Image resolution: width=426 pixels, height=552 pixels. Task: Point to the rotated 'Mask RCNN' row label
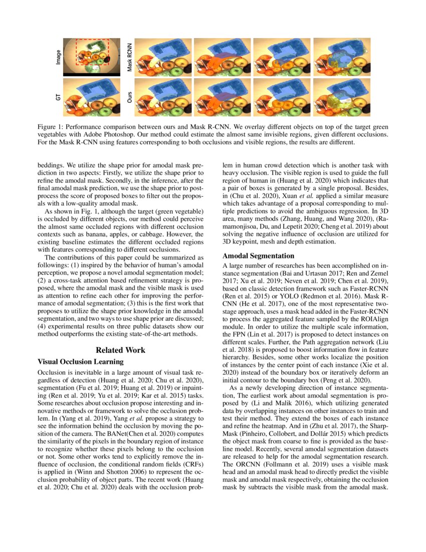(x=129, y=57)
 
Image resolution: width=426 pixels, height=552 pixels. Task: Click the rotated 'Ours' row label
(x=129, y=97)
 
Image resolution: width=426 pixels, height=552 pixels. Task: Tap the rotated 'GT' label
(x=58, y=97)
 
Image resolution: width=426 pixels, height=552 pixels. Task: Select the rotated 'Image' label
(x=58, y=57)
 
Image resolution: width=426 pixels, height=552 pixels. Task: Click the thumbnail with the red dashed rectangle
(x=92, y=57)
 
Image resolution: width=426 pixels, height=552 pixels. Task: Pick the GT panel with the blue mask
(x=92, y=97)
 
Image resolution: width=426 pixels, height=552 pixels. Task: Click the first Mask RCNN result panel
(x=162, y=57)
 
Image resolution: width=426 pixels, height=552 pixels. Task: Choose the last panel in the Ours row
(x=341, y=97)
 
